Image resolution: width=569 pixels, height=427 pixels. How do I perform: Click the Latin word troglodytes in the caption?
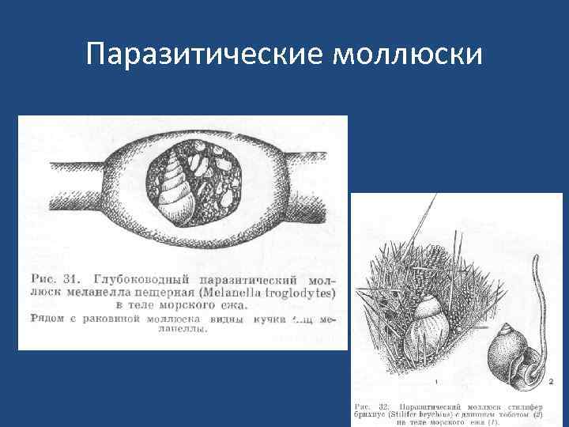(x=300, y=293)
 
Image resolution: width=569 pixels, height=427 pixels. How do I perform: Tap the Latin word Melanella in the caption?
(x=236, y=293)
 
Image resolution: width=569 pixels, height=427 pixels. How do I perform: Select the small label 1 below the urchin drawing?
(x=436, y=381)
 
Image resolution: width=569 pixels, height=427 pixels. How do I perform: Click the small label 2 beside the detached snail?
(x=551, y=381)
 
